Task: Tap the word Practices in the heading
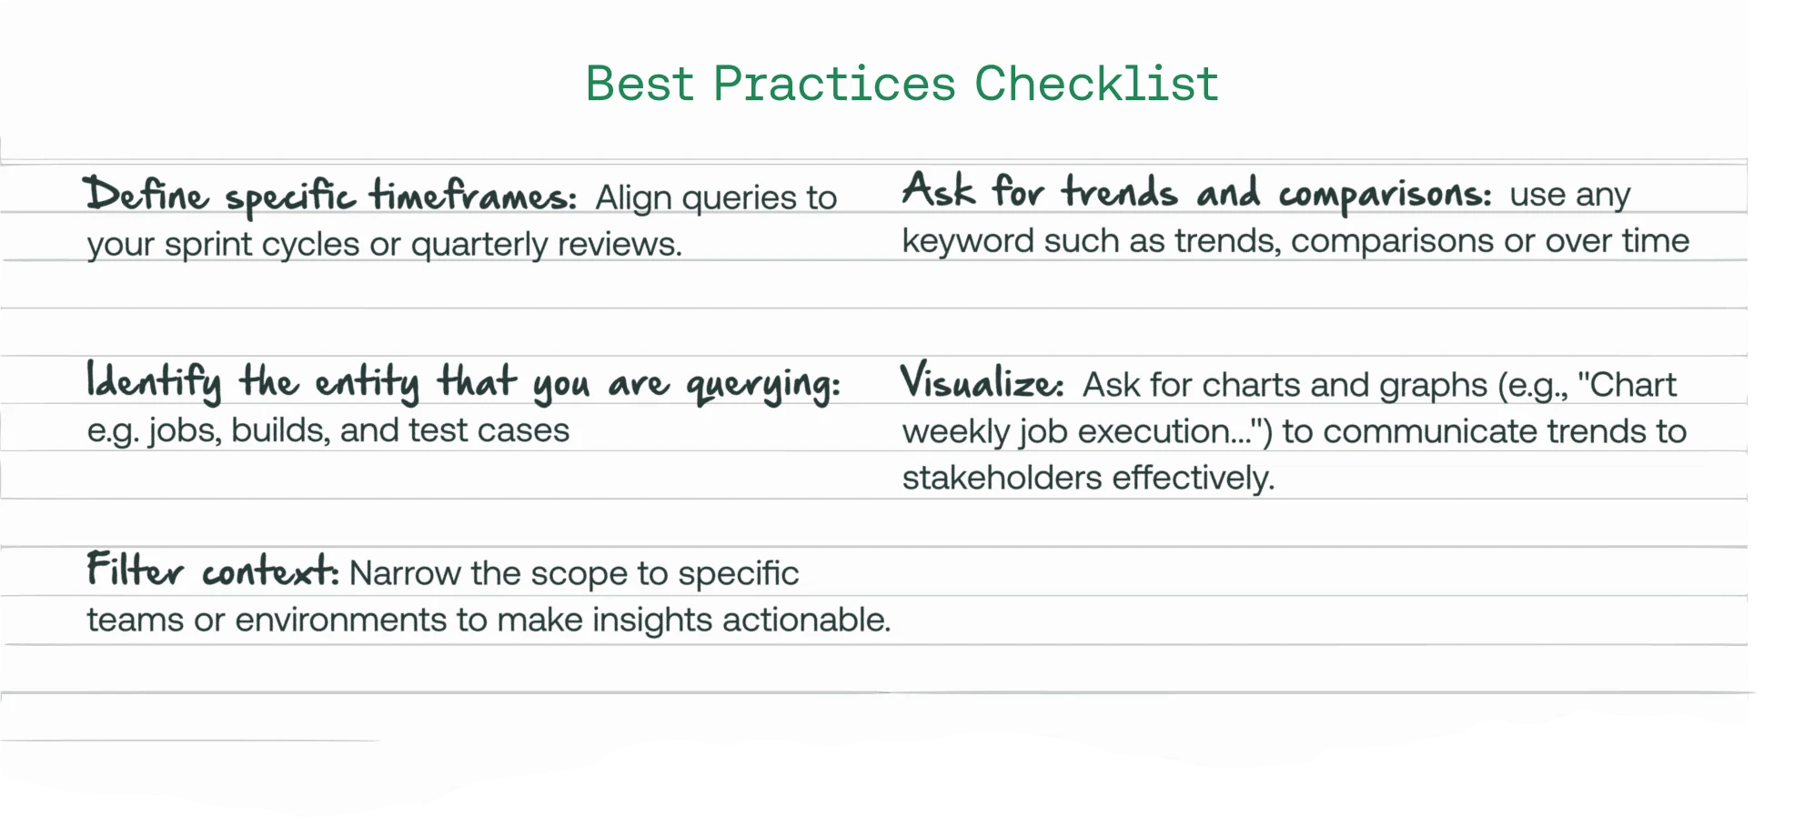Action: pos(834,84)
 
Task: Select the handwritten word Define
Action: pos(146,195)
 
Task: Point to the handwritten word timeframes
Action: pos(473,195)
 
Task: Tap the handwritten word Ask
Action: pos(938,191)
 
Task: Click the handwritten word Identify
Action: pos(154,381)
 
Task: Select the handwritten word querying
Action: pos(762,385)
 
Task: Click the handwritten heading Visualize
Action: pos(981,381)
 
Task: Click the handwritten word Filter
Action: pos(135,571)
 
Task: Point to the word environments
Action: pos(341,621)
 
